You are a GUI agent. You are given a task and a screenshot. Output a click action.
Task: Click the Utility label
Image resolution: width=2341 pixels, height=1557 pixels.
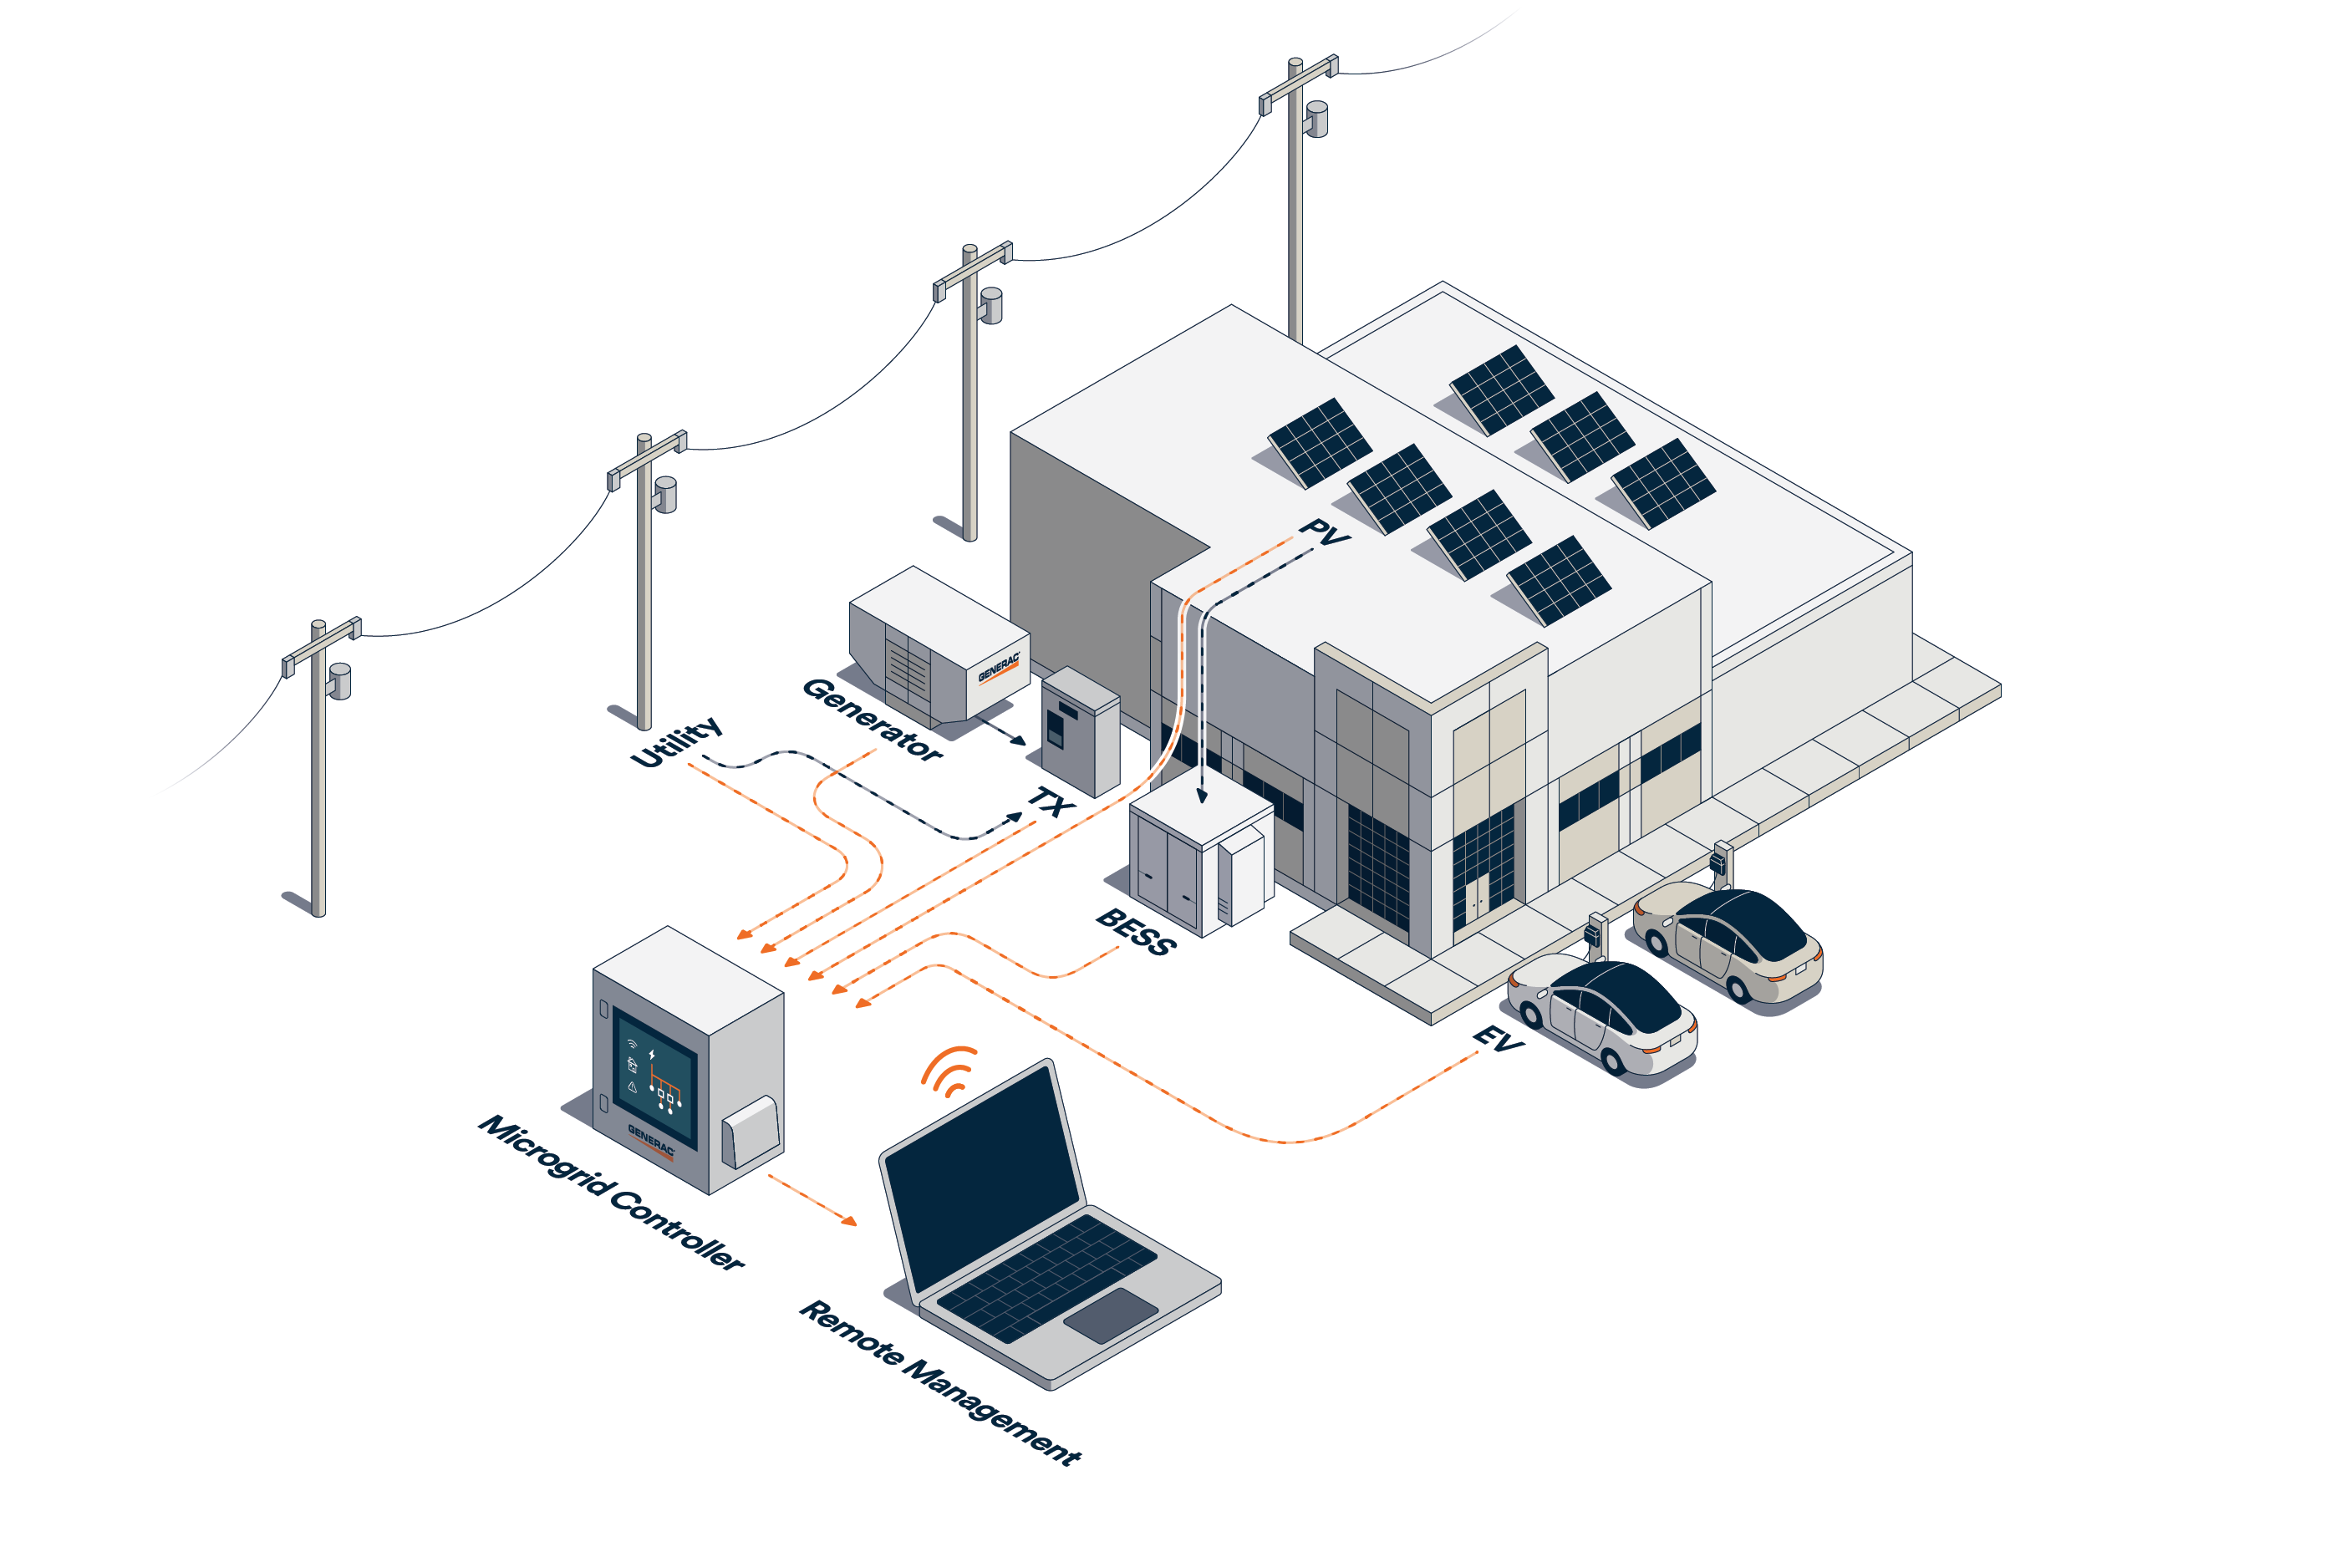676,740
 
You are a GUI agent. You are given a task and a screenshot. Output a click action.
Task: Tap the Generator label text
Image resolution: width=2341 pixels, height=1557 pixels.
872,719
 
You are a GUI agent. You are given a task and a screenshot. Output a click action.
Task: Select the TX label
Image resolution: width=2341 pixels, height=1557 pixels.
1050,801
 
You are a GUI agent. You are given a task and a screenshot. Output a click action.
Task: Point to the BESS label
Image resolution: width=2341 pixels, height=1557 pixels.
1136,931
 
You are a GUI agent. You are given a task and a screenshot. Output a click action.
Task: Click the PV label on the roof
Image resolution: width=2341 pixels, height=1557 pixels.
1323,532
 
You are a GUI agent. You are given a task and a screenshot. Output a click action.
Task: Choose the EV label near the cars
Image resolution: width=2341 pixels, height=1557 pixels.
1497,1039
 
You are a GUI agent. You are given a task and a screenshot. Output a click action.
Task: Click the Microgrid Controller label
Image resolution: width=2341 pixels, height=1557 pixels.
612,1193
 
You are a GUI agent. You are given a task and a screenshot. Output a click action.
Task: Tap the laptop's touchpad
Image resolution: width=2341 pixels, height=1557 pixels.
1111,1315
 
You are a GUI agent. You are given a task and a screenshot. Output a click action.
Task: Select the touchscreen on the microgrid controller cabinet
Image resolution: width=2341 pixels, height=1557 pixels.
654,1076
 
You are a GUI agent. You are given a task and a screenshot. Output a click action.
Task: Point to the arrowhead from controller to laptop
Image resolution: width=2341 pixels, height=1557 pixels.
849,1220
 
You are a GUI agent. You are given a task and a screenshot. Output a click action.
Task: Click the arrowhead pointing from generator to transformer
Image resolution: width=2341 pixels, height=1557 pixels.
1019,740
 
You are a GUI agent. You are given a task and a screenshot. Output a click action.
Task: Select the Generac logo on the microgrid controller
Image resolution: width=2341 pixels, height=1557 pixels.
650,1140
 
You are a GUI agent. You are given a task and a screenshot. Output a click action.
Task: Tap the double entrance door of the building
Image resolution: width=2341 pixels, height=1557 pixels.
1478,896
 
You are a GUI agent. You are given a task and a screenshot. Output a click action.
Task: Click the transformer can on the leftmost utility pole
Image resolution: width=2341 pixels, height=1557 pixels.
339,681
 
